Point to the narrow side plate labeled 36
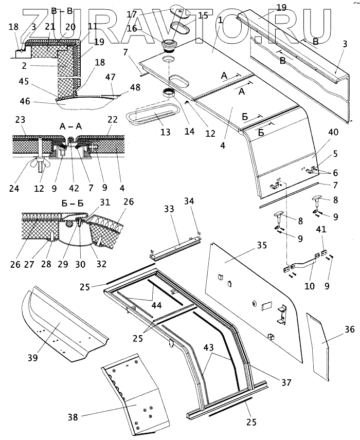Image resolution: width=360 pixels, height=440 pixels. click(x=318, y=345)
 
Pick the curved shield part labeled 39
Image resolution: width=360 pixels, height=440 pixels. click(x=59, y=324)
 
